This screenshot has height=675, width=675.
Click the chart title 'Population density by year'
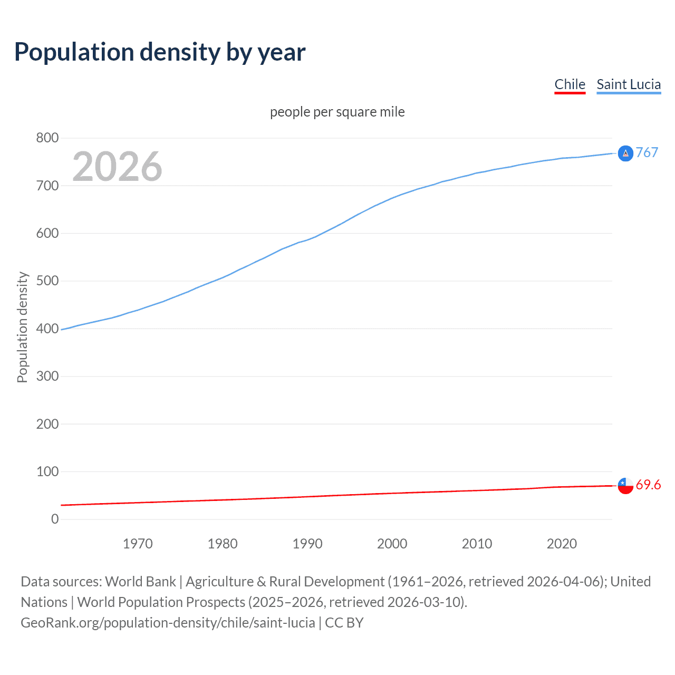point(160,52)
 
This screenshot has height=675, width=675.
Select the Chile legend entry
point(570,84)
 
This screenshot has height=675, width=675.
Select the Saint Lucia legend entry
point(628,84)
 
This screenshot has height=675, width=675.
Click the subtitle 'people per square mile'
point(337,112)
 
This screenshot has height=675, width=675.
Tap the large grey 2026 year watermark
point(117,167)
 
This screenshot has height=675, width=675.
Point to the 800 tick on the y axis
point(47,138)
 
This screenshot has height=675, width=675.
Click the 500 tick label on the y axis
point(47,281)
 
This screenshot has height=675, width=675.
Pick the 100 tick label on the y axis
point(47,471)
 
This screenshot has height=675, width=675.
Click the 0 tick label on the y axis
point(55,519)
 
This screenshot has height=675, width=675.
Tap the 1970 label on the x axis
point(138,544)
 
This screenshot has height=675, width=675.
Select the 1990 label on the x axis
point(307,544)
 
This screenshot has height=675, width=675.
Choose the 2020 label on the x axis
point(562,544)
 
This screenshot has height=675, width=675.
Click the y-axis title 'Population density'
point(22,327)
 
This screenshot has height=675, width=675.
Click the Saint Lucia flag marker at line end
point(625,153)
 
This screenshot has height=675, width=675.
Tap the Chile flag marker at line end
point(625,486)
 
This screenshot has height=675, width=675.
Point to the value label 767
point(647,152)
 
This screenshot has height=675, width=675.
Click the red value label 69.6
point(648,485)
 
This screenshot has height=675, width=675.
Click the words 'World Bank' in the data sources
point(140,582)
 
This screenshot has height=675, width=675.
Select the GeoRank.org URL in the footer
point(168,623)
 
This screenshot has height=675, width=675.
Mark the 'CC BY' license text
point(344,623)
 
